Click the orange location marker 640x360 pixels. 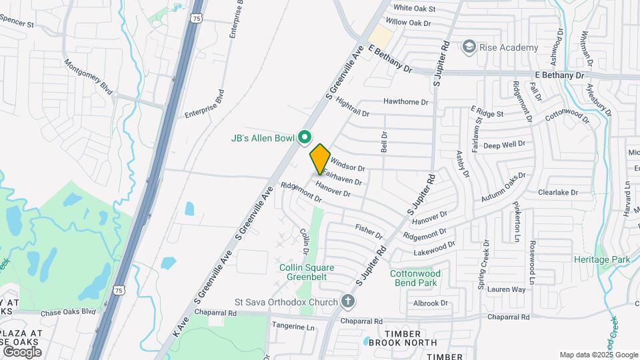[x=320, y=159]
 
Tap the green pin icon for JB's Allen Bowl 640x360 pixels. [x=305, y=137]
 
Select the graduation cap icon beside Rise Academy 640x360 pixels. [x=470, y=47]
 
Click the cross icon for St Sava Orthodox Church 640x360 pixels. [x=347, y=301]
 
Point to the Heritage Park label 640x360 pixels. [x=602, y=259]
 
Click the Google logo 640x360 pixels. [x=21, y=351]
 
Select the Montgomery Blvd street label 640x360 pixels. [x=88, y=77]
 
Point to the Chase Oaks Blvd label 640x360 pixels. [x=68, y=313]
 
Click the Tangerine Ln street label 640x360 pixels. [x=293, y=327]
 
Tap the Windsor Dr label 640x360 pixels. [x=348, y=165]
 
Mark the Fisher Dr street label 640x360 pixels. [x=369, y=231]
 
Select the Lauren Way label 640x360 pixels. [x=506, y=290]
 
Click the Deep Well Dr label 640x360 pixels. [x=505, y=144]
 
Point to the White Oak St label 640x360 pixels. [x=414, y=9]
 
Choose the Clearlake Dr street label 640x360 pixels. [x=557, y=193]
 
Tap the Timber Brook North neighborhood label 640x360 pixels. [x=404, y=338]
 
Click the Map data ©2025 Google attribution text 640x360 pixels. [x=598, y=355]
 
